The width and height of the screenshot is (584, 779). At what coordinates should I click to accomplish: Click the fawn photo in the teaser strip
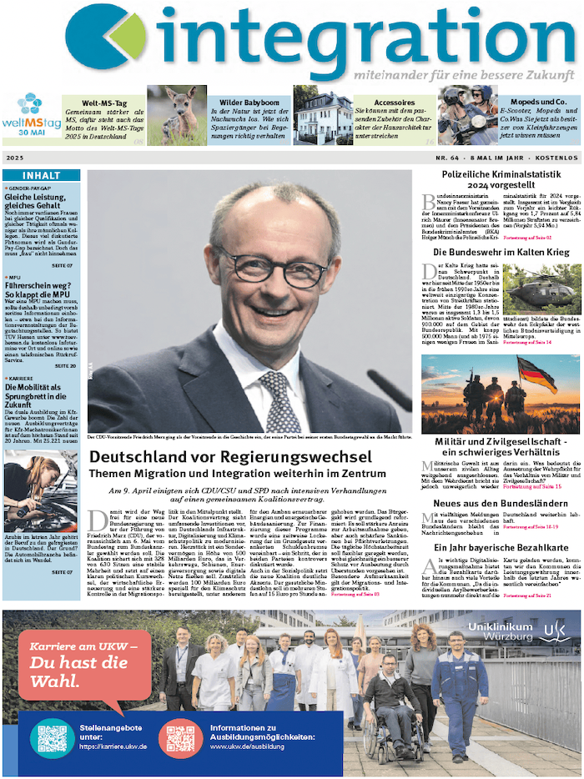pyautogui.click(x=177, y=116)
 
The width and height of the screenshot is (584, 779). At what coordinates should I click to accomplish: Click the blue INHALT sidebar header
pyautogui.click(x=41, y=176)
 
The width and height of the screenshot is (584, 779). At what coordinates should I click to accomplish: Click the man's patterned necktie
pyautogui.click(x=279, y=401)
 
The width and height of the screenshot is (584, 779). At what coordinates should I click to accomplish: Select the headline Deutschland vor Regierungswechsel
pyautogui.click(x=229, y=457)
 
